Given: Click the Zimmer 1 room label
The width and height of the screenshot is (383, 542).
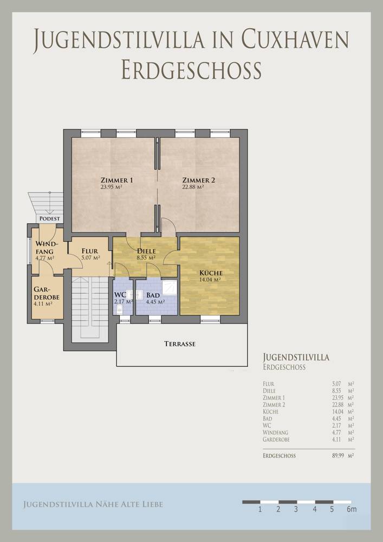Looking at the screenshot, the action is (x=116, y=180).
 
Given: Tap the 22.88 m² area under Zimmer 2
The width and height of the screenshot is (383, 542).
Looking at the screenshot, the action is (x=193, y=187).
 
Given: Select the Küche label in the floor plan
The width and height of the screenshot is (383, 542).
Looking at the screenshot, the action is (x=211, y=273).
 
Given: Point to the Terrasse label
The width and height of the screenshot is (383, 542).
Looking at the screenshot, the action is (x=180, y=344).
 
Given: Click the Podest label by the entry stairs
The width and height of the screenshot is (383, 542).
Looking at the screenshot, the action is (x=50, y=218).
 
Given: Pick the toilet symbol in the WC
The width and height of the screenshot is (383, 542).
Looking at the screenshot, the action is (x=120, y=309).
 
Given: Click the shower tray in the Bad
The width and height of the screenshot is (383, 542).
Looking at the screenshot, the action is (x=170, y=288).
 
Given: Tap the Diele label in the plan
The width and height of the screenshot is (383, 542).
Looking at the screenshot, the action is (x=146, y=251).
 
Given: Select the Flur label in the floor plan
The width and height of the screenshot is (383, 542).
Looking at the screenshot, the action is (x=90, y=251).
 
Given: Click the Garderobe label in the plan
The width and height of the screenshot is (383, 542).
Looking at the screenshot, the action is (x=46, y=293).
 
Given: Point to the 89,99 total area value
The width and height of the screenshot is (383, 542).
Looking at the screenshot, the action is (x=339, y=456).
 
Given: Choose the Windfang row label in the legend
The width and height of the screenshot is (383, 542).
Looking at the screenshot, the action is (x=275, y=433).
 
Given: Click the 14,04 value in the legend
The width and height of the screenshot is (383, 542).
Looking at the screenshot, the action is (x=336, y=412).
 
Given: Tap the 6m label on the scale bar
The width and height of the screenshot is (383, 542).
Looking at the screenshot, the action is (x=352, y=509).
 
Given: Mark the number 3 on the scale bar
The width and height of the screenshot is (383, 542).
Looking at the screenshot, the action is (x=296, y=509).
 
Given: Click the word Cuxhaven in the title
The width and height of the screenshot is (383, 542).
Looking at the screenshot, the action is (x=295, y=38).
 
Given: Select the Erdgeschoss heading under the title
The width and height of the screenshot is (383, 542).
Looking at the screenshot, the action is (x=191, y=70).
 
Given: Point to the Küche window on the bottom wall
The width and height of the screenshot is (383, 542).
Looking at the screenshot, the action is (x=210, y=320).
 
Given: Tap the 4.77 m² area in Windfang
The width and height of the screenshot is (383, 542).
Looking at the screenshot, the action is (x=44, y=258).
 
